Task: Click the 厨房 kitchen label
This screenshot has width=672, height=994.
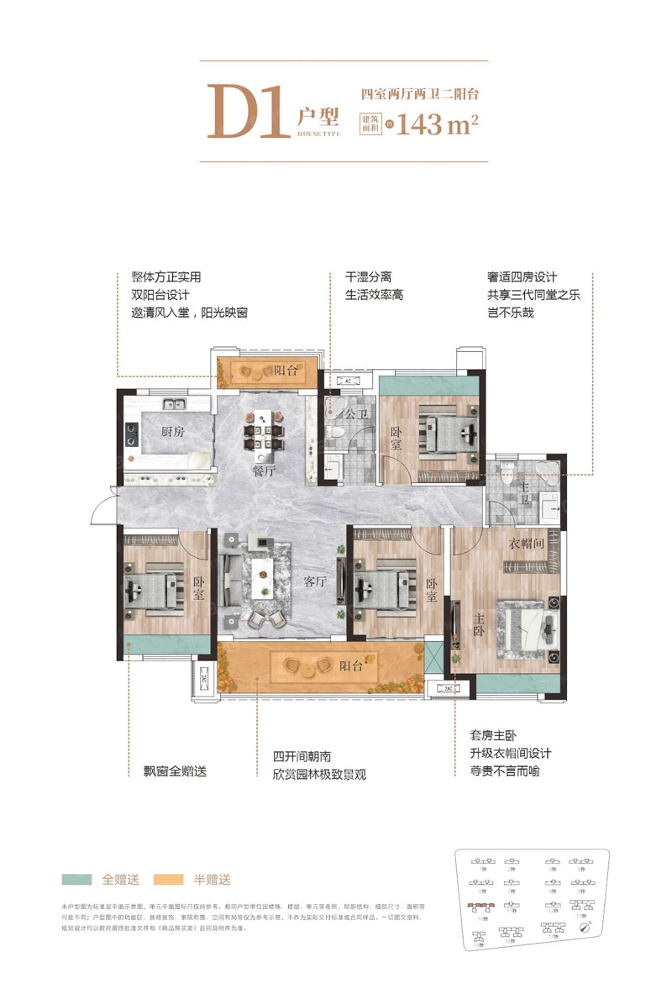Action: (x=173, y=432)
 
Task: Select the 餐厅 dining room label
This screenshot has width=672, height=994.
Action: (x=264, y=471)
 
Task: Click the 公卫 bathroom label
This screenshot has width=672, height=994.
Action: (x=356, y=414)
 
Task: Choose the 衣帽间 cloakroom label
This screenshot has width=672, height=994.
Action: (x=526, y=543)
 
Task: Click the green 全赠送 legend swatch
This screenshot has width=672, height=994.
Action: (x=78, y=880)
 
